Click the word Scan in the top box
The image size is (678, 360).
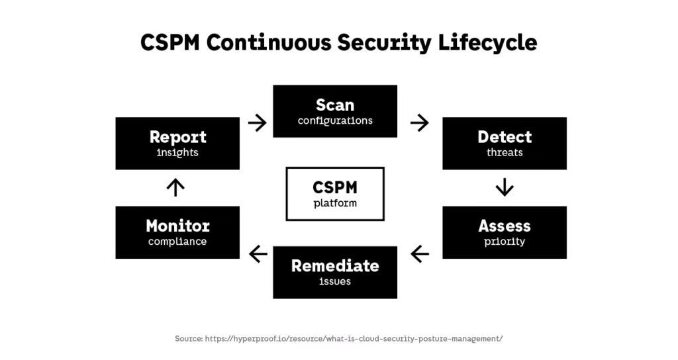[x=335, y=105]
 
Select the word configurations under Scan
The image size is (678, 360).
[x=335, y=121]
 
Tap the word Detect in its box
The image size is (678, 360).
[x=505, y=137]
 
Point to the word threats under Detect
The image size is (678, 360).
[x=505, y=153]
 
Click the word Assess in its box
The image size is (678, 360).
[x=505, y=226]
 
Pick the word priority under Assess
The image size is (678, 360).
[x=505, y=242]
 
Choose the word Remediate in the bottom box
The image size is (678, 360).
[x=335, y=266]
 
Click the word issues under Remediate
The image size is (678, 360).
[x=335, y=282]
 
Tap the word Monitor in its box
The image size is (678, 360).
[x=177, y=226]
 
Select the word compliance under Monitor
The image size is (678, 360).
[x=177, y=242]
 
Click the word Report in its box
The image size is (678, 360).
[x=177, y=137]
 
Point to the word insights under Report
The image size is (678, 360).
[x=177, y=153]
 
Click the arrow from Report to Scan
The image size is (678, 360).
[x=257, y=122]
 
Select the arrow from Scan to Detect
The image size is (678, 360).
[x=419, y=122]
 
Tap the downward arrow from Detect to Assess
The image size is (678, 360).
[x=505, y=188]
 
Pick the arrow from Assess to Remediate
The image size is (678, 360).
[x=419, y=253]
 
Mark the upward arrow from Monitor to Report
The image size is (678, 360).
[x=175, y=188]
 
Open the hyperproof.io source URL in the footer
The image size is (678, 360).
[x=354, y=338]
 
